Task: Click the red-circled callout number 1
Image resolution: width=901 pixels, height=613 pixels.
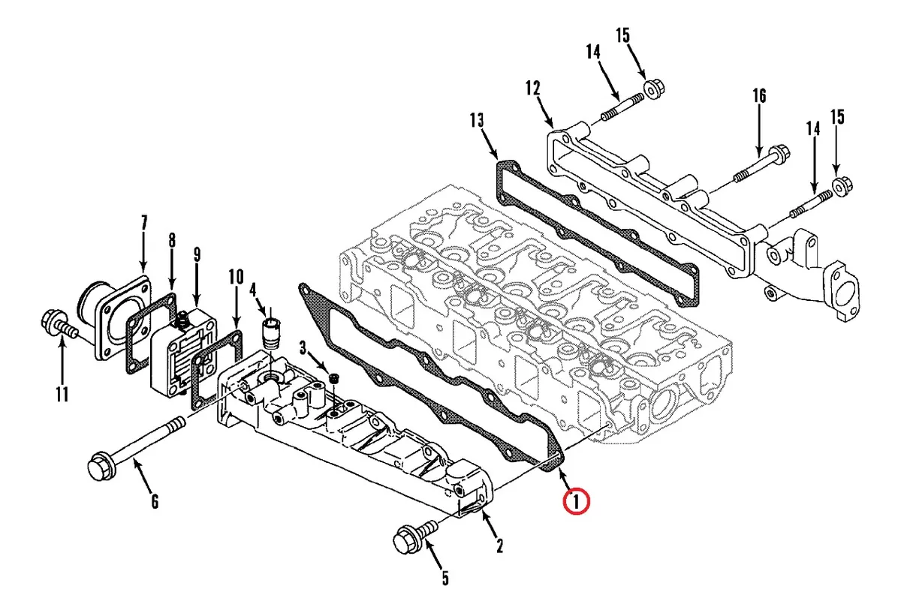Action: coord(577,502)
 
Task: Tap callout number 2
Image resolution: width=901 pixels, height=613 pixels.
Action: coord(499,545)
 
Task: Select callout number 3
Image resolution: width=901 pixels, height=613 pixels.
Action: coord(303,348)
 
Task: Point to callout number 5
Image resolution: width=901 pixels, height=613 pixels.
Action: coord(445,578)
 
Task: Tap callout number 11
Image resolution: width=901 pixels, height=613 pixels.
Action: coord(62,395)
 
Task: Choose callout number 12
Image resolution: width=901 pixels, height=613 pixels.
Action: coord(533,89)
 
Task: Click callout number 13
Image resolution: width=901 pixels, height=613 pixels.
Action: coord(477,121)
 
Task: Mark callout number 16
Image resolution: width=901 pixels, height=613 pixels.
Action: coord(759,96)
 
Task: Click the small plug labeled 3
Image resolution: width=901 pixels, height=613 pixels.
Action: coord(333,378)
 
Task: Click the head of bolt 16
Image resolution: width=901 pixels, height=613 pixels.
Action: coord(779,153)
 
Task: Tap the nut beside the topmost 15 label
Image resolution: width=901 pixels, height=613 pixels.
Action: coord(655,89)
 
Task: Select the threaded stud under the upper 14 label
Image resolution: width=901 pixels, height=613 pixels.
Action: coord(622,106)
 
